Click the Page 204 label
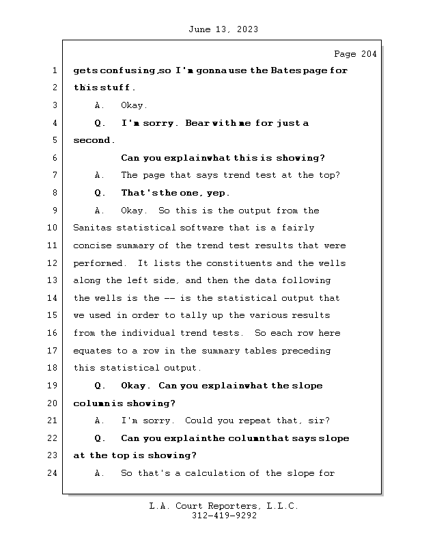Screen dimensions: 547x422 [x=354, y=54]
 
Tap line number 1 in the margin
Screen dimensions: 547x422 [x=54, y=70]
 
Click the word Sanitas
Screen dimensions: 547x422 [x=92, y=228]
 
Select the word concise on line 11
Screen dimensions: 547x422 [x=92, y=245]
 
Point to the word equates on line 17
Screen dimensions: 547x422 [x=92, y=351]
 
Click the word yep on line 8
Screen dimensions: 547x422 [x=218, y=193]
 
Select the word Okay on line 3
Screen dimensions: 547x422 [x=132, y=105]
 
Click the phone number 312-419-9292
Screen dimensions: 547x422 [x=224, y=516]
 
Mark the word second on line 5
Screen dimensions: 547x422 [x=93, y=140]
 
